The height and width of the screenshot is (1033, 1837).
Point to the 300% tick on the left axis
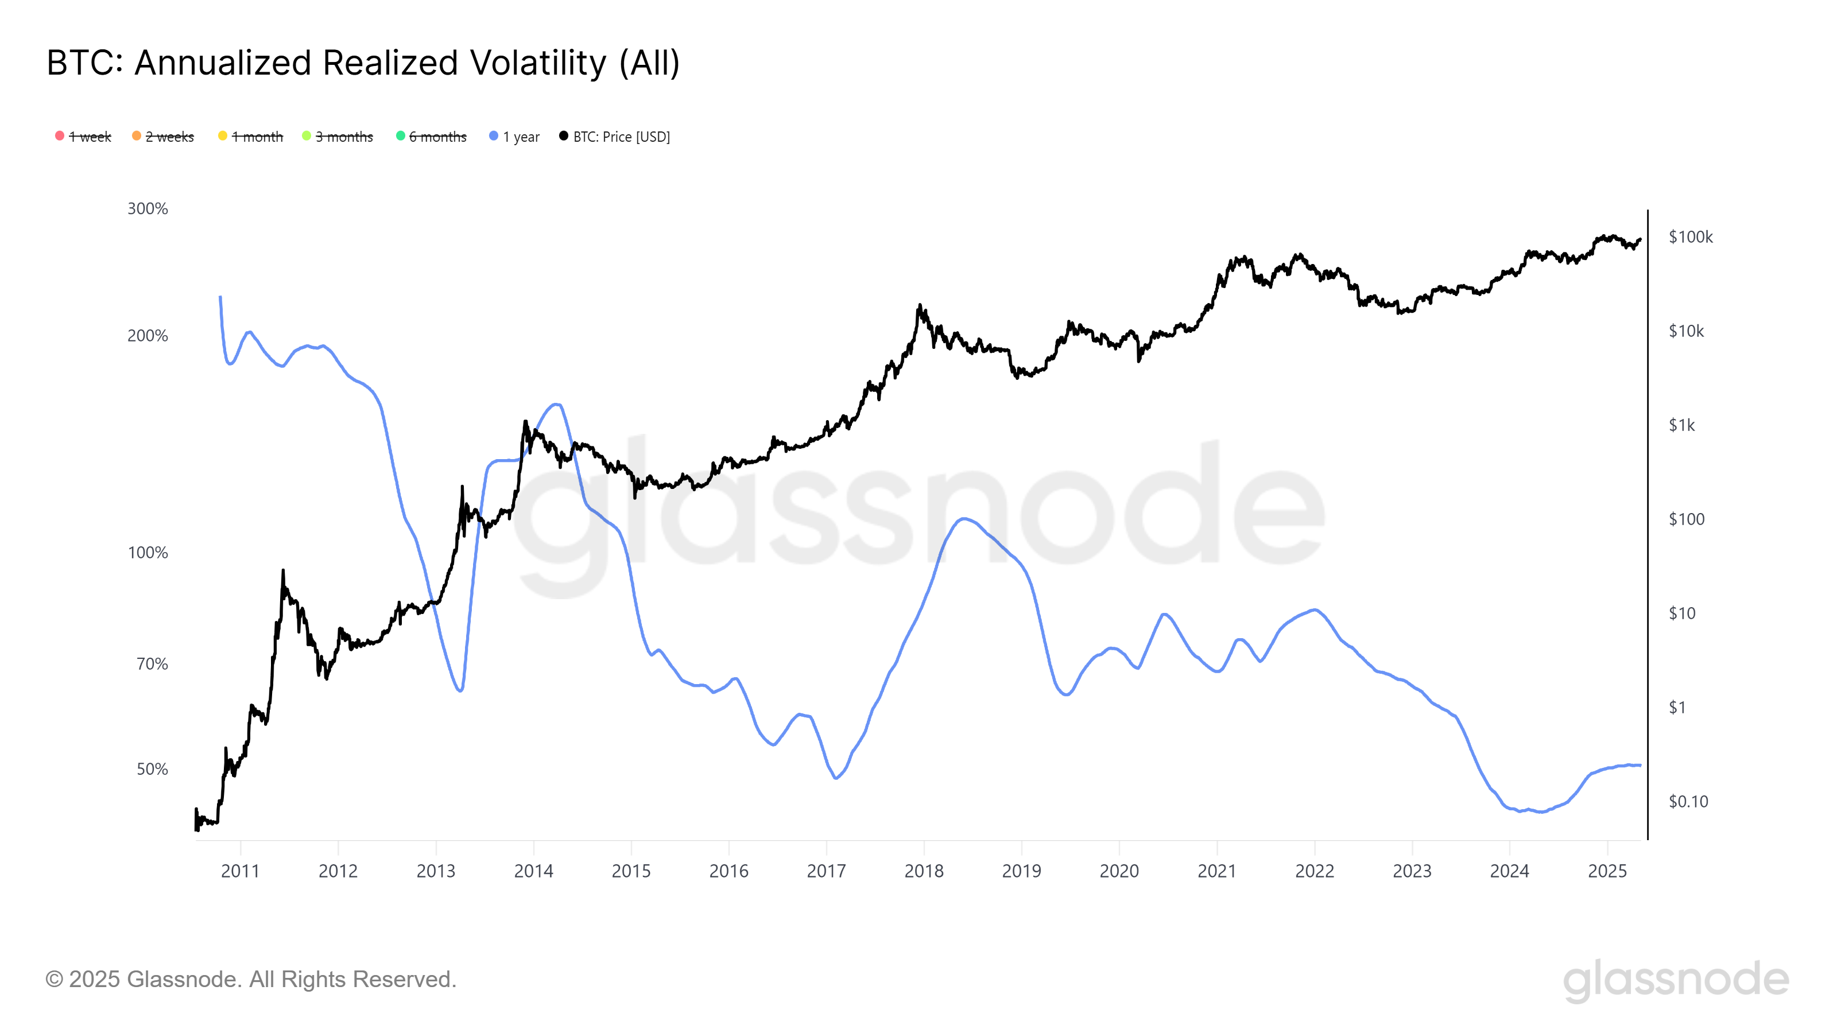point(148,209)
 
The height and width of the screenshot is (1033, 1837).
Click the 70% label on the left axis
point(152,665)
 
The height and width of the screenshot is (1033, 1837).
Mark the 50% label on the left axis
point(152,769)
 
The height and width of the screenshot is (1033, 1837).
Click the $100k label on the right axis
point(1690,236)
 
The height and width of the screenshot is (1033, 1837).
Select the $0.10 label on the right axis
point(1688,801)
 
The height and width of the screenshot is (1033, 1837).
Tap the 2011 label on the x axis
point(241,871)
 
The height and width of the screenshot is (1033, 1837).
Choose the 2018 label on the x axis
point(924,871)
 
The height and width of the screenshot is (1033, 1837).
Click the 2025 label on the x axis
point(1607,871)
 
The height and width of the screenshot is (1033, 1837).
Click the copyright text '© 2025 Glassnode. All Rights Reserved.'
point(250,979)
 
